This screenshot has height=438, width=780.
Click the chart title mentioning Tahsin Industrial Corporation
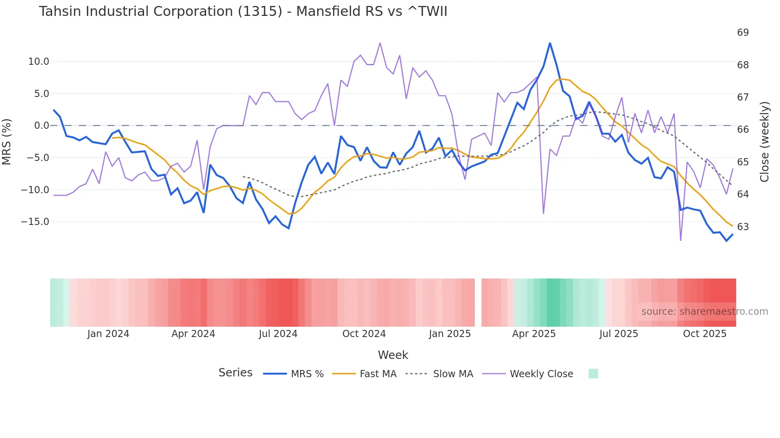coord(243,12)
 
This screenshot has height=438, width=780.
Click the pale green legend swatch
coord(593,374)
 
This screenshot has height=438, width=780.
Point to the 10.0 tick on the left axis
coord(38,62)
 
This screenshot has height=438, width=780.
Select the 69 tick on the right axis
coord(743,33)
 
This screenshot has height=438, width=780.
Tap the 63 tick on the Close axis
coord(743,227)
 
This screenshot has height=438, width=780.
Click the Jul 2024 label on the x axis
coord(278,334)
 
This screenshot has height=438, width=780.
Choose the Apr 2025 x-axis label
coord(534,334)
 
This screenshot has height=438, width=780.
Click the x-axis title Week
coord(393,355)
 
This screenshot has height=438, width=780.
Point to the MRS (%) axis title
coord(7,141)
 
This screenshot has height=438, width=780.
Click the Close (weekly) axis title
coord(764,141)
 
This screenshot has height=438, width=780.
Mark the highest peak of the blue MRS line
coord(550,43)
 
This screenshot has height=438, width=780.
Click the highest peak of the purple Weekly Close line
coord(380,43)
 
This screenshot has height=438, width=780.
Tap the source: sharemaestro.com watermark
coord(704,312)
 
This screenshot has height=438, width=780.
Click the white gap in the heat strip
coord(478,302)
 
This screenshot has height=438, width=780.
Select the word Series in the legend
coord(235,373)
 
